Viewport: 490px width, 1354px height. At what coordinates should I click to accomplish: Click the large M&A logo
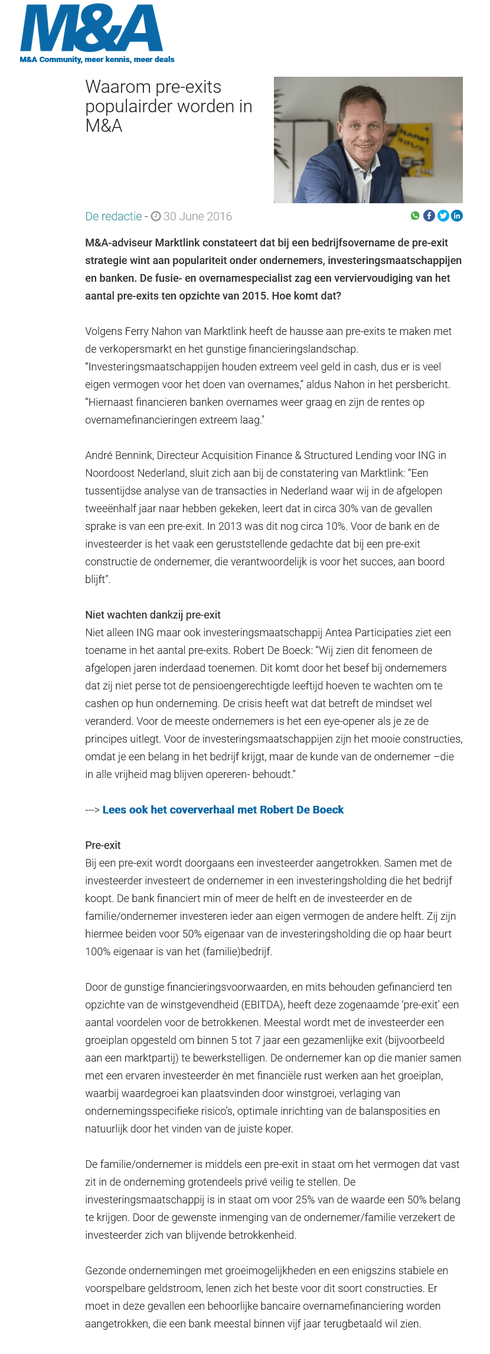click(92, 28)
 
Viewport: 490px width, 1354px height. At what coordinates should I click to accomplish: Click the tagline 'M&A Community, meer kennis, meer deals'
click(97, 60)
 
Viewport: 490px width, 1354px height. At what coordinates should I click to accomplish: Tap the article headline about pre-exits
click(168, 106)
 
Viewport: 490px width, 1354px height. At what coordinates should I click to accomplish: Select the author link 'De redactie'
click(113, 216)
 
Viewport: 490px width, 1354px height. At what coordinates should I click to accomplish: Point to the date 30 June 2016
click(197, 216)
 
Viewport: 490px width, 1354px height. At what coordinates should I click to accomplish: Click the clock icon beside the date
click(156, 216)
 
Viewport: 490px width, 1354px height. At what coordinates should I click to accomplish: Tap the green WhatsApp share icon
click(415, 216)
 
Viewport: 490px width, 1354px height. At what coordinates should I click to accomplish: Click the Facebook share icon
click(429, 216)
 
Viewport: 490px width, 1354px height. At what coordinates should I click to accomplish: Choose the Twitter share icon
click(443, 216)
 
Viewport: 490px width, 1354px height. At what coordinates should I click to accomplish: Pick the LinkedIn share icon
click(457, 216)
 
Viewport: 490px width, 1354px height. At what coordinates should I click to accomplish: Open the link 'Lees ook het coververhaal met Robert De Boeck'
click(223, 810)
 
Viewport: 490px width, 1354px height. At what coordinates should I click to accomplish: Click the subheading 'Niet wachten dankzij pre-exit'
click(153, 615)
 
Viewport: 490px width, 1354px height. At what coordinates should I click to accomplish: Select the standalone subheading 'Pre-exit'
click(103, 845)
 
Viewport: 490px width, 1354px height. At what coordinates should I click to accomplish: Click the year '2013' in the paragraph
click(230, 526)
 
